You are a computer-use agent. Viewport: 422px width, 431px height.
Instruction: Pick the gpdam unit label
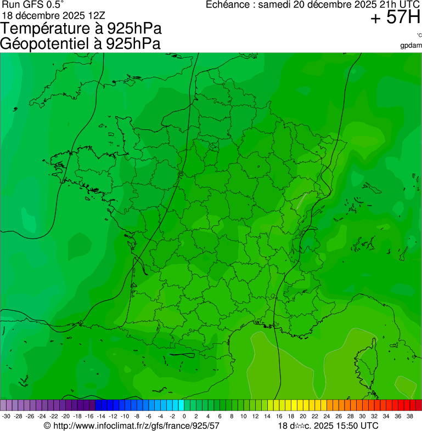point(411,45)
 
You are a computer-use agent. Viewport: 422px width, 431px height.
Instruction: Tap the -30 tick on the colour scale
point(6,417)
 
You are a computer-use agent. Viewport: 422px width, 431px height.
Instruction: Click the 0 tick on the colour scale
point(184,417)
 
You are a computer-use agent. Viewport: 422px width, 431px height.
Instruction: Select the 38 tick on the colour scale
point(409,417)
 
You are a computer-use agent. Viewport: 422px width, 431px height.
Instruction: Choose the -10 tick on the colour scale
point(125,417)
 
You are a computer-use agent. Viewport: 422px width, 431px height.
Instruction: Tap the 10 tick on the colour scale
point(244,417)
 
